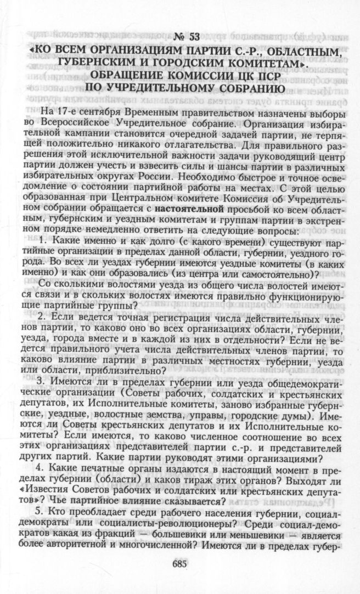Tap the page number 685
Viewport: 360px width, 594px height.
point(179,548)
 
